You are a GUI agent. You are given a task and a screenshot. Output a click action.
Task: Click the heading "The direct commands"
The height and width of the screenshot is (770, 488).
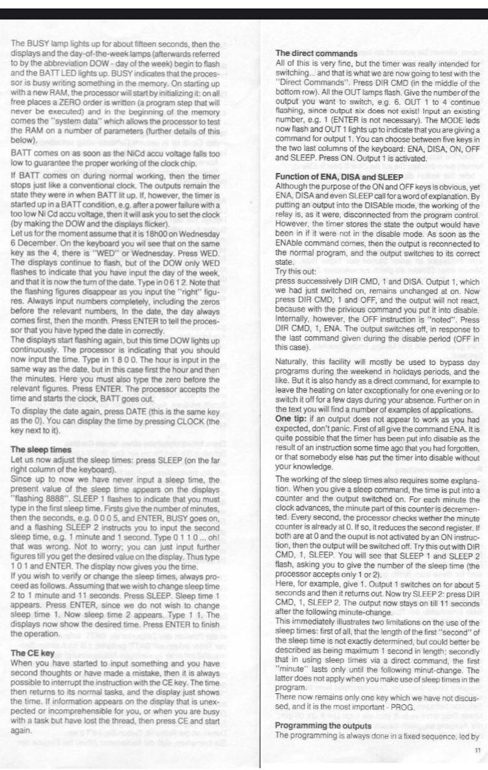[316, 53]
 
